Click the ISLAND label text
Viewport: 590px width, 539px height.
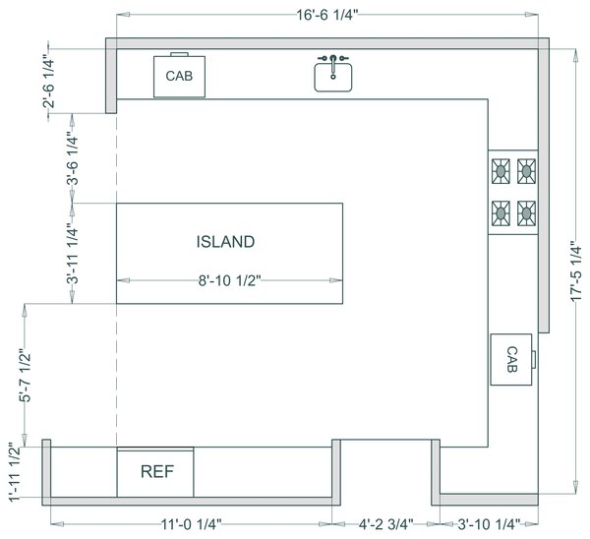point(225,241)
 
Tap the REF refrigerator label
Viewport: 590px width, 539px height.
point(157,471)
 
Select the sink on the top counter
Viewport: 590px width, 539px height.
point(333,74)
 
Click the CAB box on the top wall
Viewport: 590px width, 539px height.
point(179,76)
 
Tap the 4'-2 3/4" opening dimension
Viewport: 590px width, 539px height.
point(385,523)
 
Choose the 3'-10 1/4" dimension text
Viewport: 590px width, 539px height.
point(487,523)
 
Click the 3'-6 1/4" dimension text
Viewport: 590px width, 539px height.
point(71,159)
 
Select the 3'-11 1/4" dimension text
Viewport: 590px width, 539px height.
point(71,254)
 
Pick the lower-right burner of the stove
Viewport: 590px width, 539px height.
point(526,211)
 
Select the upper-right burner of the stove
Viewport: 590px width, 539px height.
point(526,171)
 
